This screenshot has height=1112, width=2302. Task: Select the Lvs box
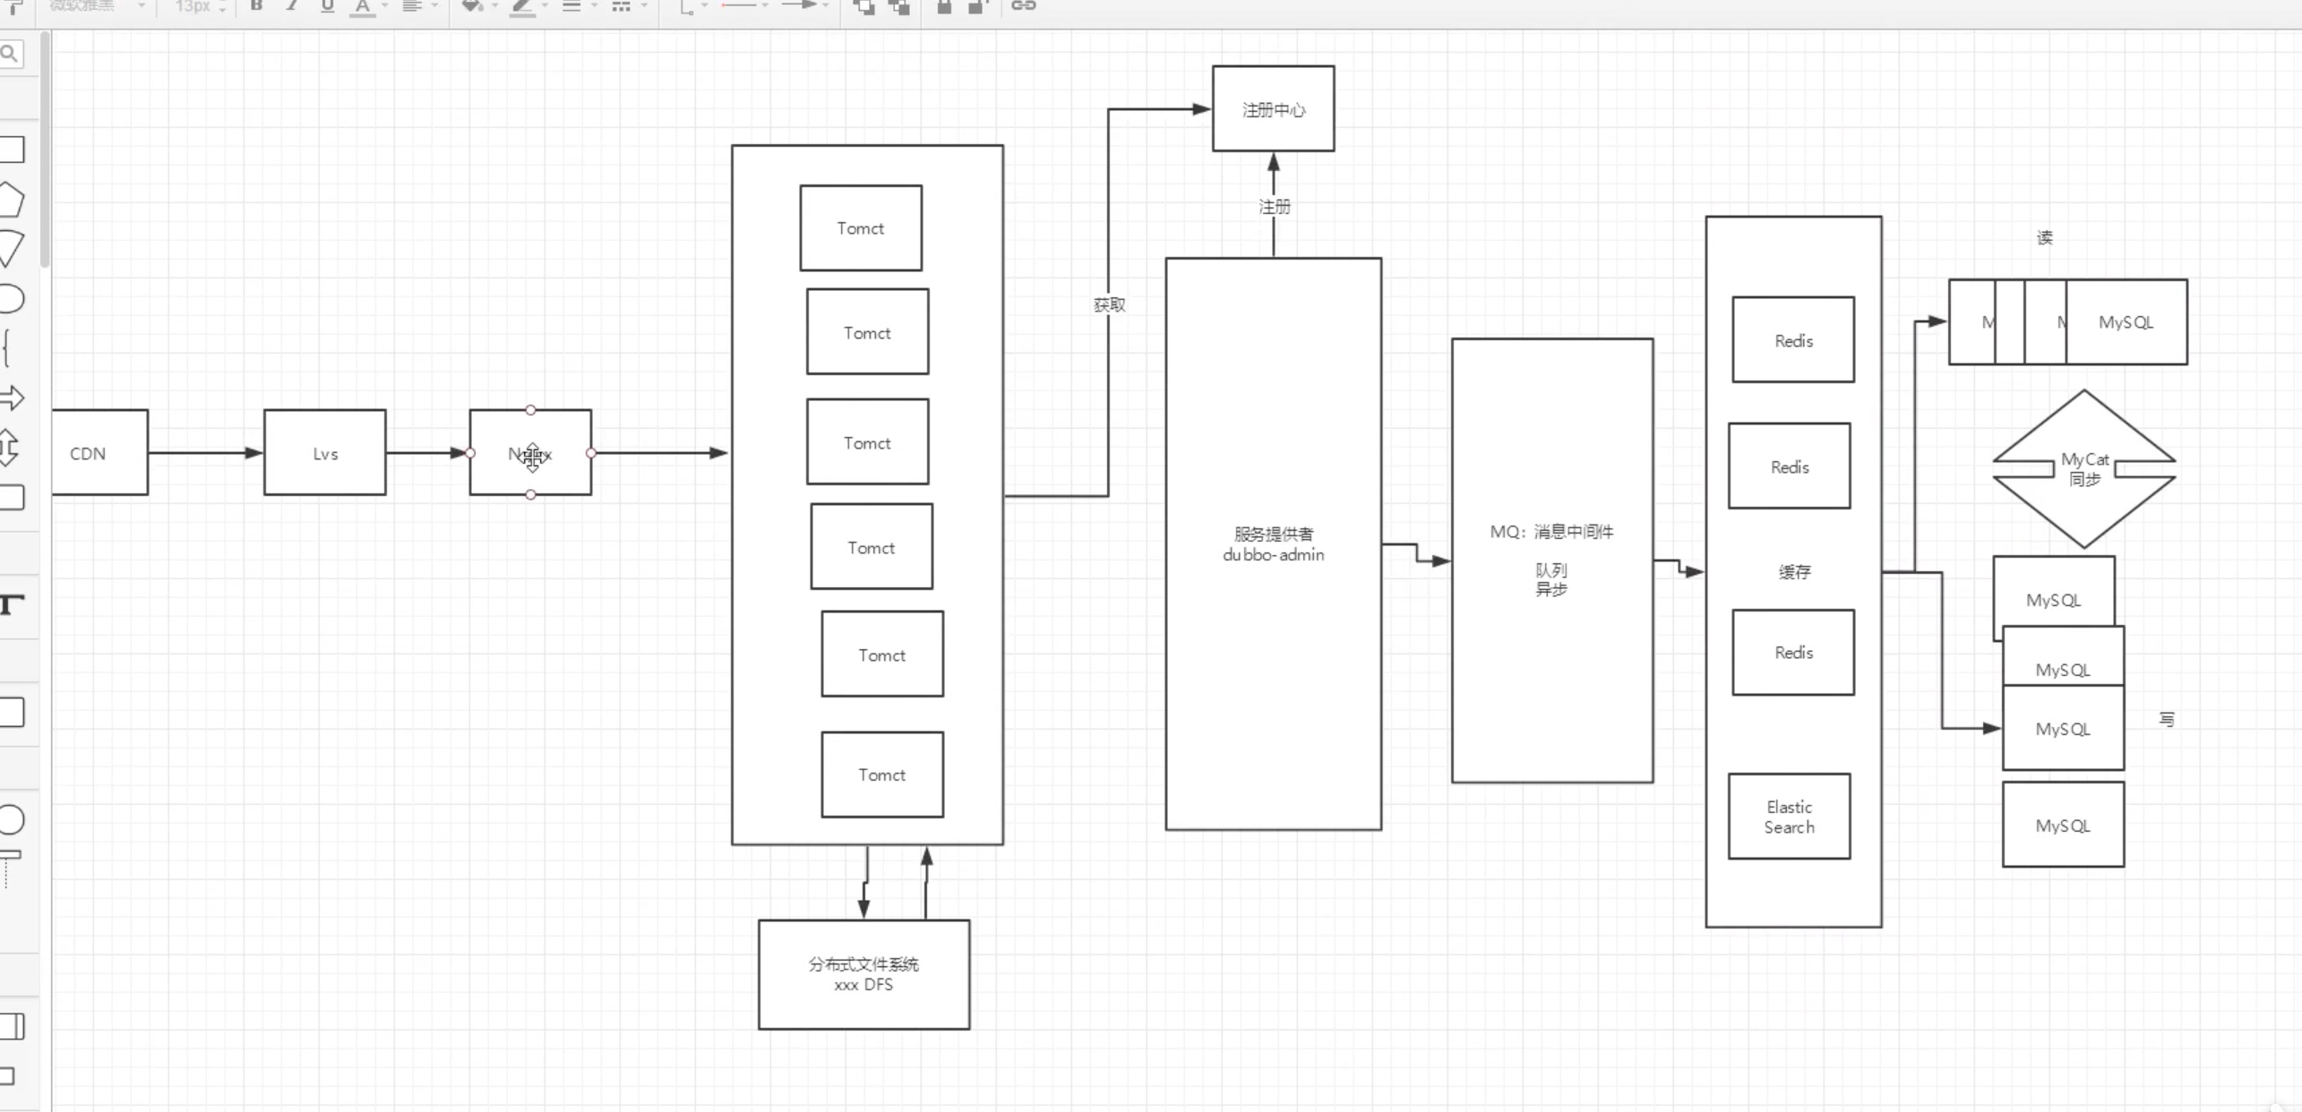point(325,453)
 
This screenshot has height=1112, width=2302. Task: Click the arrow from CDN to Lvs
point(205,453)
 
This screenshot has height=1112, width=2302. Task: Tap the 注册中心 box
point(1273,109)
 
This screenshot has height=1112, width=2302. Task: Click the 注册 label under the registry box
point(1275,207)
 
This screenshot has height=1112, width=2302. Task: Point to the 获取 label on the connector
point(1109,305)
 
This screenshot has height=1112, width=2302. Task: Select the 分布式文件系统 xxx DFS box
point(863,974)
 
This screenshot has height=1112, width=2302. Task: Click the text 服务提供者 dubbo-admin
point(1273,544)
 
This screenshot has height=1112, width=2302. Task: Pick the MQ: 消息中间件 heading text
point(1551,532)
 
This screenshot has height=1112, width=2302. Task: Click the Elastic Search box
point(1789,817)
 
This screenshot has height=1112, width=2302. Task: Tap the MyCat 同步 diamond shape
point(2084,469)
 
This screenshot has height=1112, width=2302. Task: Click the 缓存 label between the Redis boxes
point(1794,572)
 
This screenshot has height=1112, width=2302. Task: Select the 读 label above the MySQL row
point(2044,238)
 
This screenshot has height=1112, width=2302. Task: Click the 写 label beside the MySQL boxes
point(2166,720)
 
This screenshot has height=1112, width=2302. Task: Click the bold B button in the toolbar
point(256,6)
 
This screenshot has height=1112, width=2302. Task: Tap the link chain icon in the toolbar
point(1023,6)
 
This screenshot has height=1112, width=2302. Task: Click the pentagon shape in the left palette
point(12,200)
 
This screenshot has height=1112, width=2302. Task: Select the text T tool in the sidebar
point(12,604)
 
